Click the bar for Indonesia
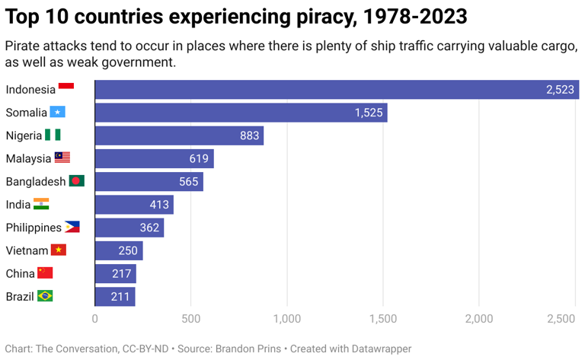tap(335, 90)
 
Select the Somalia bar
tap(241, 113)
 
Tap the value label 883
tap(250, 135)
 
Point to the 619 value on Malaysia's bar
tap(200, 158)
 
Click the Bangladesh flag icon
tap(77, 181)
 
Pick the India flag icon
tap(41, 204)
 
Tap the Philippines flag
tap(72, 227)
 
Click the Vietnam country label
tap(27, 250)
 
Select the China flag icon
tap(45, 272)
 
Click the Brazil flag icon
tap(45, 296)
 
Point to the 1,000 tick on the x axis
tap(286, 318)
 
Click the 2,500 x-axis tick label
tap(561, 318)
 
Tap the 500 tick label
tap(190, 318)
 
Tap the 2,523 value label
tap(560, 90)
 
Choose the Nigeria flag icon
tap(53, 135)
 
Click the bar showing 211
tap(115, 296)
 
